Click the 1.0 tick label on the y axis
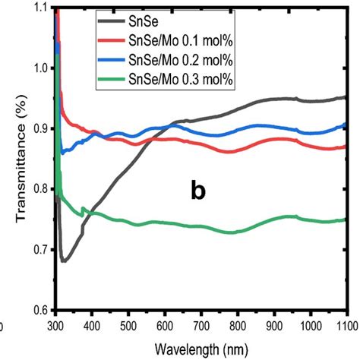[x=40, y=68]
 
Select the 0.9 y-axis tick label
[x=40, y=128]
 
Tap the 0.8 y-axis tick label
[x=40, y=189]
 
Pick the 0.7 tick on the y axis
[x=40, y=250]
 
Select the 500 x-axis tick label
[x=128, y=324]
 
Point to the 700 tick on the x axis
[x=201, y=324]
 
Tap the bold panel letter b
[x=197, y=193]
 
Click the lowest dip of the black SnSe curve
[x=64, y=261]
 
